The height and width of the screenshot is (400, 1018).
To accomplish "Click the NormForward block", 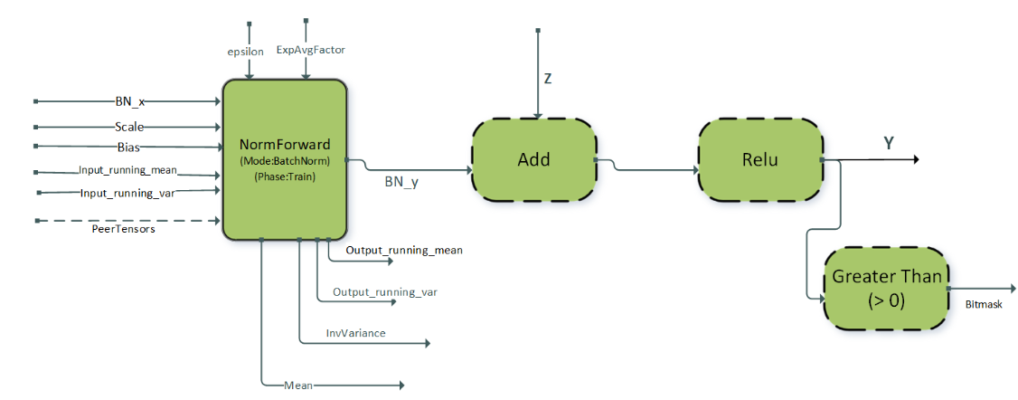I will click(x=284, y=159).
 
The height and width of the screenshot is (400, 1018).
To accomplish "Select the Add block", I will click(x=533, y=159).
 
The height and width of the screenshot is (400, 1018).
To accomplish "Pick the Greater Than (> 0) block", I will click(x=886, y=286).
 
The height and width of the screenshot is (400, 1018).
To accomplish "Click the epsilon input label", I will click(x=245, y=52).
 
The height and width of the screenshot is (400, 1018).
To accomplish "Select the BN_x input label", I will click(x=130, y=101).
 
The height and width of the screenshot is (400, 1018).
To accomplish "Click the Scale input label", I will click(x=129, y=127).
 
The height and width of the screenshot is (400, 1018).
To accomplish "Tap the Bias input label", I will click(x=128, y=146).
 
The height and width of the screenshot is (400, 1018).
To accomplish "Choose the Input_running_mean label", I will click(x=127, y=170).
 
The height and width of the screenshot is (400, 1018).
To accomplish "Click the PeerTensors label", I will click(x=124, y=230).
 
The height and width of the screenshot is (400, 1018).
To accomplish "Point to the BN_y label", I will click(x=401, y=183).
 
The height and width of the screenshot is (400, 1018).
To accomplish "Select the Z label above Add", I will click(x=548, y=78).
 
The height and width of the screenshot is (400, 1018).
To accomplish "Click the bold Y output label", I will click(x=889, y=143).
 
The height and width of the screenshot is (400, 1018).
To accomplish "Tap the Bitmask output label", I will click(x=984, y=304).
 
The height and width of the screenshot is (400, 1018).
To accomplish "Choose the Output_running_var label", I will click(x=385, y=292).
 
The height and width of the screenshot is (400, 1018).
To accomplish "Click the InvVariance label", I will click(x=356, y=333).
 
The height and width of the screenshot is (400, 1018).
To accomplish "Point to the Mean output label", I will click(x=298, y=386).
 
